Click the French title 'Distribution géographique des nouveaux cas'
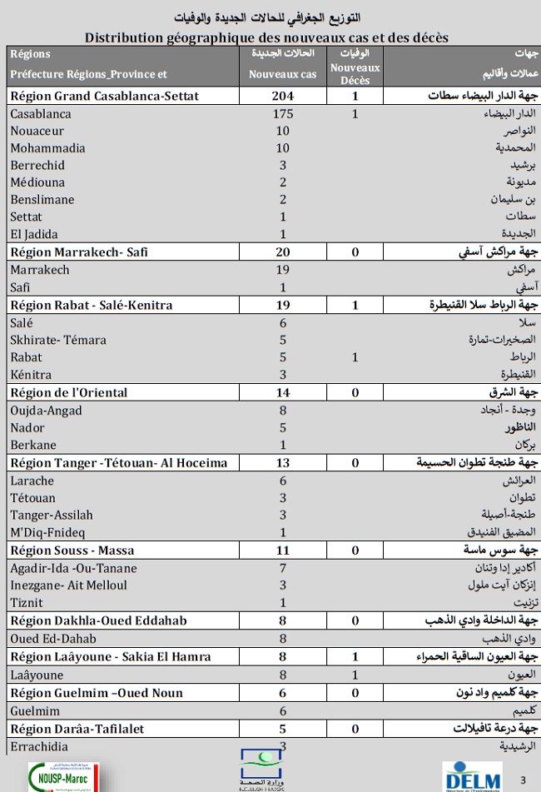click(x=266, y=37)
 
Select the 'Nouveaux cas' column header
click(x=283, y=74)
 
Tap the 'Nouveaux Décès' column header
click(x=355, y=74)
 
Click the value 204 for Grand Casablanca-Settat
click(x=283, y=96)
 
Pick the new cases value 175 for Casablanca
click(x=283, y=114)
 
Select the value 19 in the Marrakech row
click(x=283, y=270)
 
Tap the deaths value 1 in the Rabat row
click(x=355, y=357)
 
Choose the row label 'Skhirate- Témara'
click(x=56, y=340)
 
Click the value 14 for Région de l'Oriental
click(x=283, y=392)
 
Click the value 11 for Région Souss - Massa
click(x=283, y=550)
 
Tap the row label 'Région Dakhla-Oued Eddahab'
click(x=97, y=620)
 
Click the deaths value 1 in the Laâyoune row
click(x=355, y=675)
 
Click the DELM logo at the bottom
click(x=472, y=775)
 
